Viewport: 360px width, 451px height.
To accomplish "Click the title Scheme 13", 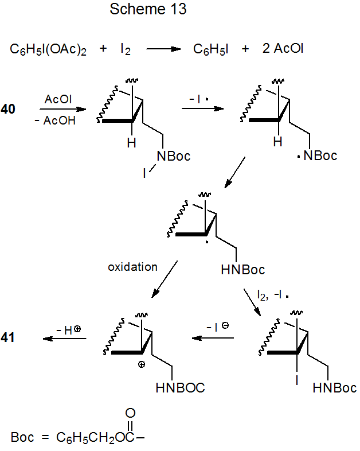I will point(148,10).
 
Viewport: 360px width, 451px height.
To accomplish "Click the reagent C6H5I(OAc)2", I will point(49,49).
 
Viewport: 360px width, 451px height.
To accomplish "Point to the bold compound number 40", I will point(9,109).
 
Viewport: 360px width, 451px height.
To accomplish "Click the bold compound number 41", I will point(9,338).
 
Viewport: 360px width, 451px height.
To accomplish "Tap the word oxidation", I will point(132,267).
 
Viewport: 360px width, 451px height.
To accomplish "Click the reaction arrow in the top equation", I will point(165,49).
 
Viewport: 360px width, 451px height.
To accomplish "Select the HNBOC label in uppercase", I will point(180,388).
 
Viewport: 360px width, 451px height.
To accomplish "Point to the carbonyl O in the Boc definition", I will point(130,413).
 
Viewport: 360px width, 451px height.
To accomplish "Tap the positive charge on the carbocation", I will point(142,364).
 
